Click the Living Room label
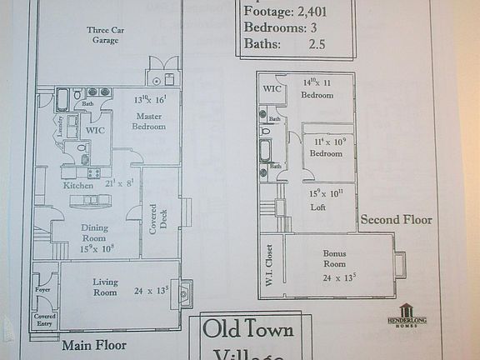(x=105, y=287)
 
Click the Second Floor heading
(x=396, y=220)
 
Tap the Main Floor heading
(x=93, y=343)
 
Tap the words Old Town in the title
(x=248, y=329)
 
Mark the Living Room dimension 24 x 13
(x=151, y=292)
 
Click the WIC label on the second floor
(x=271, y=89)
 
